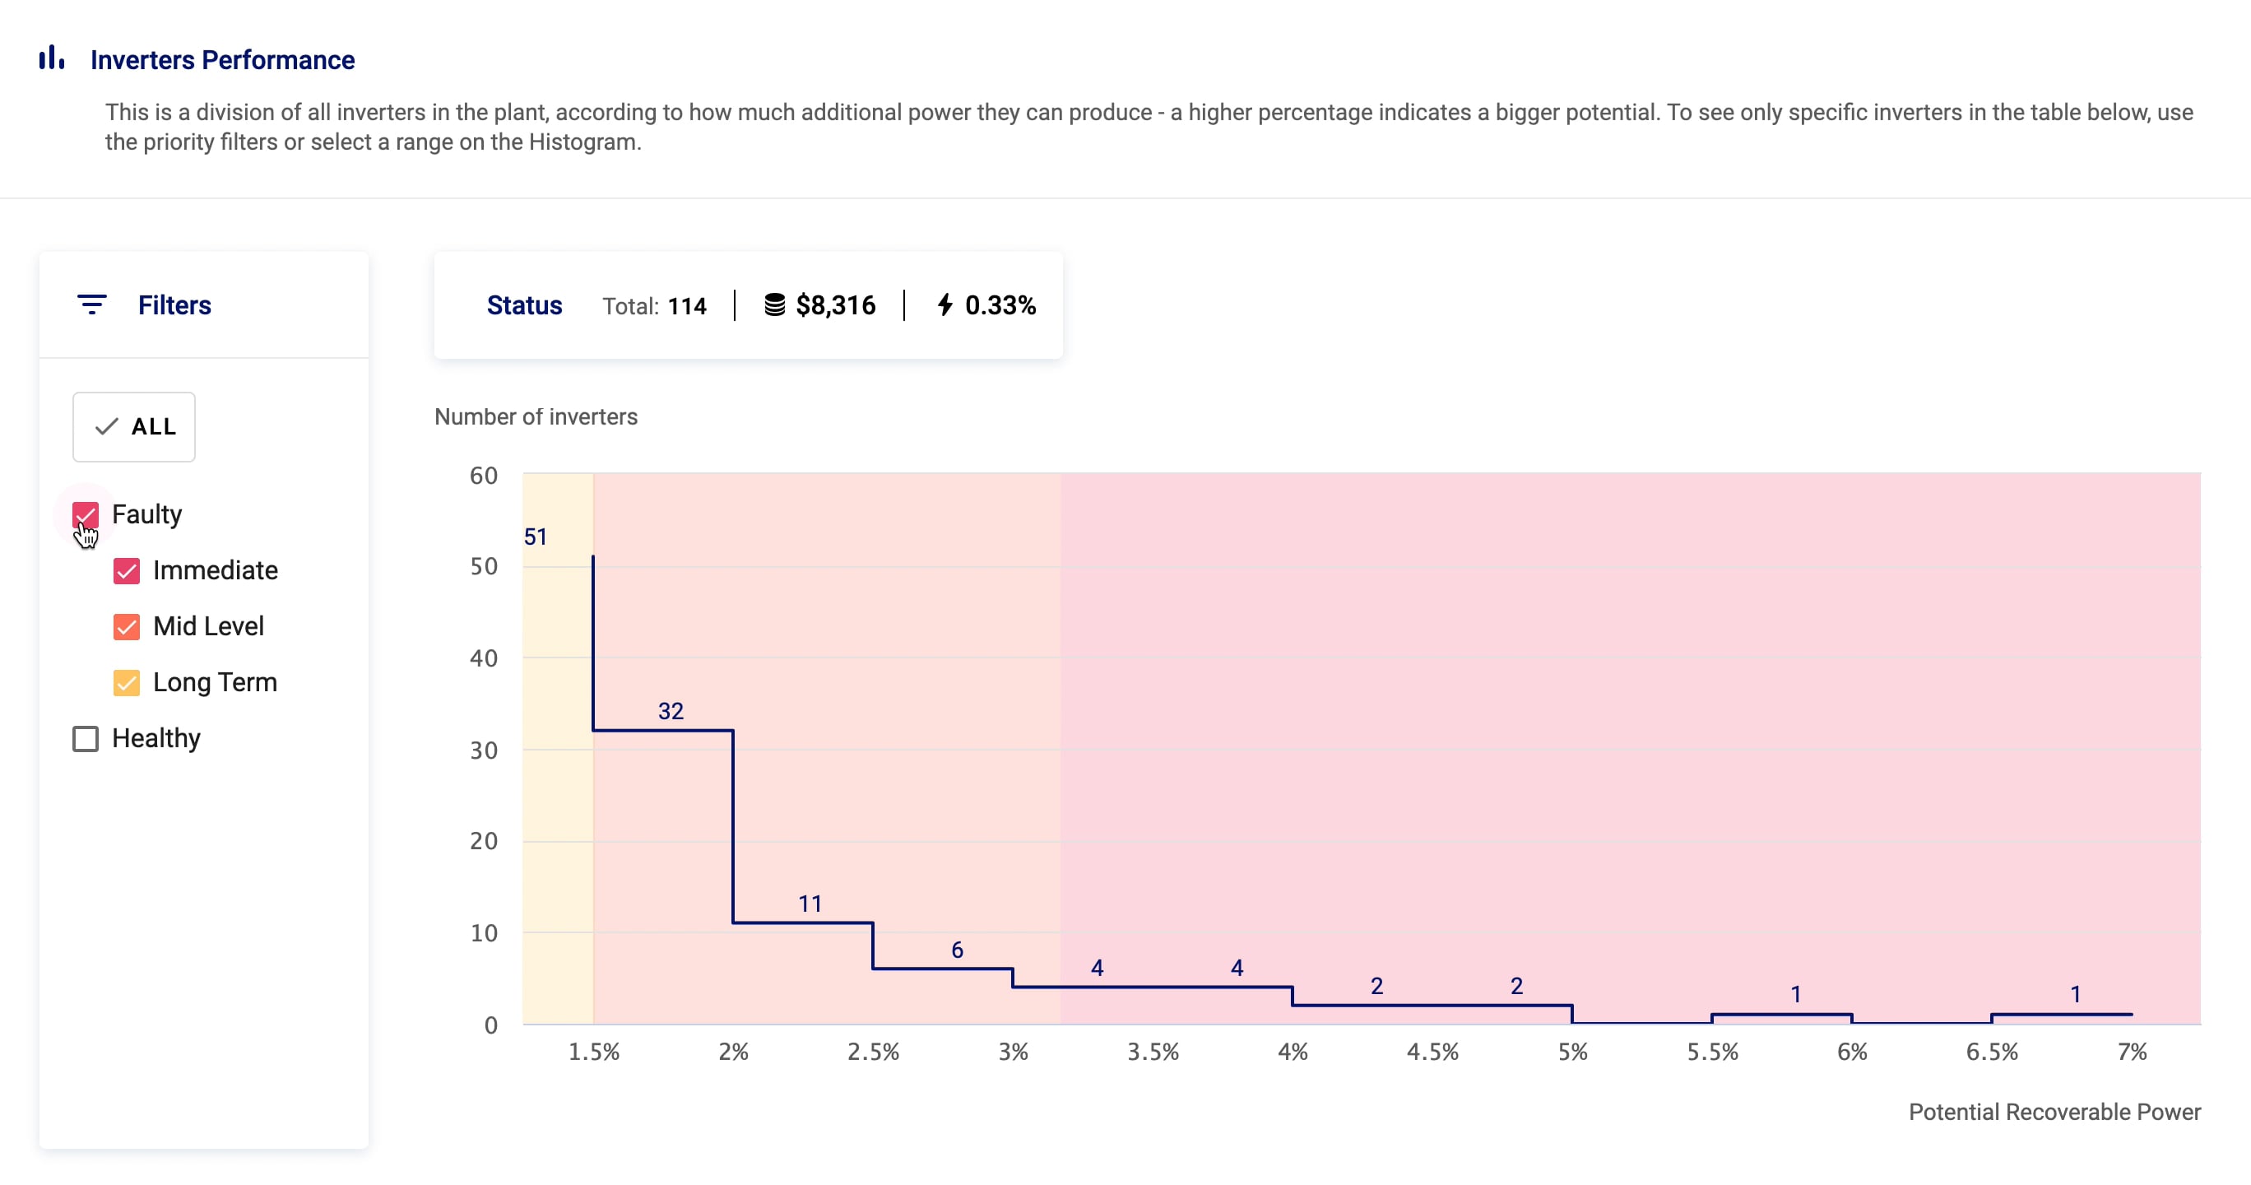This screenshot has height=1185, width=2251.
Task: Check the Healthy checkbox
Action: (86, 738)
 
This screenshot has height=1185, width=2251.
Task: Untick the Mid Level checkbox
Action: (127, 626)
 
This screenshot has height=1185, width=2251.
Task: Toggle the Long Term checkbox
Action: (127, 682)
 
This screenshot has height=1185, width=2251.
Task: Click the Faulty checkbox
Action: (86, 514)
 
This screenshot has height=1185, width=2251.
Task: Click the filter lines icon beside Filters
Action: (92, 304)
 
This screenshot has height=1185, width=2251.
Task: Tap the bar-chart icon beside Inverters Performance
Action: (52, 58)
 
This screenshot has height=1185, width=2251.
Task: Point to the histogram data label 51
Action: (536, 537)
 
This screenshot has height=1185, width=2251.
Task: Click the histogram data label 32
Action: (671, 711)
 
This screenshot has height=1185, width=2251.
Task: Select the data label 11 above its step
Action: (810, 904)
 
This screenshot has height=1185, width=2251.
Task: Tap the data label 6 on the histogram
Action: (958, 950)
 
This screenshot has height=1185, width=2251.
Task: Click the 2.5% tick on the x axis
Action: (873, 1053)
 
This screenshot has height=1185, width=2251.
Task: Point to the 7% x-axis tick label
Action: (2133, 1053)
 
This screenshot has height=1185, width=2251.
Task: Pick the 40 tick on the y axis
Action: (484, 658)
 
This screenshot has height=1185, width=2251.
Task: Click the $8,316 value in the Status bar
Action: (835, 305)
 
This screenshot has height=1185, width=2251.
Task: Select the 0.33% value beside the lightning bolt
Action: (1000, 305)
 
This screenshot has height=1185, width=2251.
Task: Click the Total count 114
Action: (687, 306)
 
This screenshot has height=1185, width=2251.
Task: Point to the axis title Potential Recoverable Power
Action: (2054, 1112)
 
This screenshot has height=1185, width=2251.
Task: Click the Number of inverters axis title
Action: (536, 417)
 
